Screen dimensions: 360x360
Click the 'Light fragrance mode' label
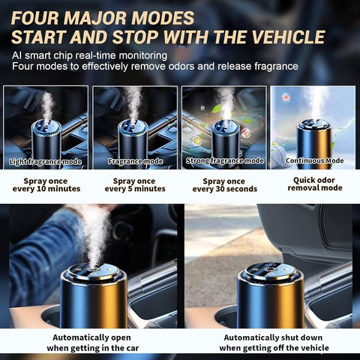point(46,160)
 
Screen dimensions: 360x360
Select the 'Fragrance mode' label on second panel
point(135,160)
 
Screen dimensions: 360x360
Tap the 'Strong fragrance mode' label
point(224,160)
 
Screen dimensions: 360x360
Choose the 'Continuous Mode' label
point(313,160)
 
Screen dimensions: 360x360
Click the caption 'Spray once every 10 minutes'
point(46,185)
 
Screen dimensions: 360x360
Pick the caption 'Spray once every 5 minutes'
point(135,185)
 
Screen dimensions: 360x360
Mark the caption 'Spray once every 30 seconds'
point(224,185)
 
